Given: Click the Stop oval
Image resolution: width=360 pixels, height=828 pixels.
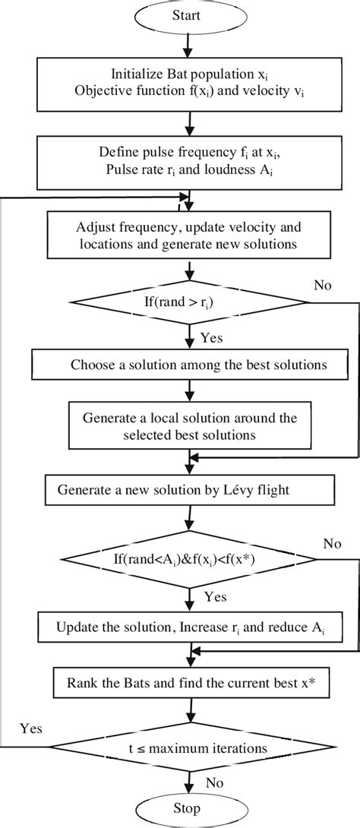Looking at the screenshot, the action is click(x=186, y=808).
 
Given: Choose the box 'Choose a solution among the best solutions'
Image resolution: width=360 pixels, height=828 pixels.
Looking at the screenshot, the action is click(x=188, y=365).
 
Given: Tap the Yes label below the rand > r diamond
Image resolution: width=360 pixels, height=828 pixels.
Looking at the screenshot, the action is click(x=212, y=339).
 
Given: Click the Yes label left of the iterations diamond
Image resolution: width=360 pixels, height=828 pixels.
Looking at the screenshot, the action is click(x=31, y=729).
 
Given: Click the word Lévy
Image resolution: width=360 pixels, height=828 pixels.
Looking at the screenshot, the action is click(x=250, y=489).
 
